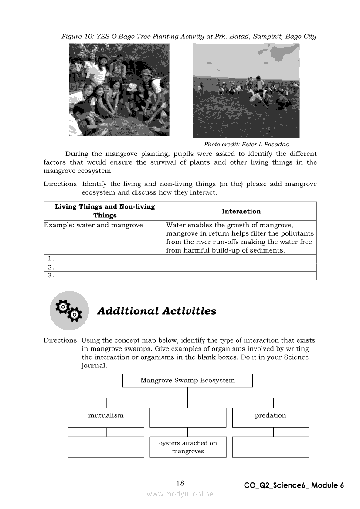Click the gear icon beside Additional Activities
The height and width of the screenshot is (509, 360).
click(69, 310)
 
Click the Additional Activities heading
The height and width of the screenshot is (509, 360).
click(156, 311)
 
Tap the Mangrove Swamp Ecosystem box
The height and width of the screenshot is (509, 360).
click(187, 380)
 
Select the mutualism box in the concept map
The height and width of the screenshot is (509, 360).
click(106, 417)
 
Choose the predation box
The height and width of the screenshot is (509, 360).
click(270, 417)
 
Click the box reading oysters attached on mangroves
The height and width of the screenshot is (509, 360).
click(188, 447)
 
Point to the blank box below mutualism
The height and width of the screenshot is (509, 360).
click(106, 447)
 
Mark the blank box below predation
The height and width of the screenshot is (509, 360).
click(270, 447)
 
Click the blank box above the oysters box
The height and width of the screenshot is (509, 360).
click(188, 417)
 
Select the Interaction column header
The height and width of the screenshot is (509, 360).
click(241, 212)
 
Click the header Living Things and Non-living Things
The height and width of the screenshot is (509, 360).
click(105, 211)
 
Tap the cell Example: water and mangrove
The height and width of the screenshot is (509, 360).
click(94, 226)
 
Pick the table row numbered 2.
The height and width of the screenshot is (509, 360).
click(105, 267)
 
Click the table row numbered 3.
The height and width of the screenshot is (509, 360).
click(105, 276)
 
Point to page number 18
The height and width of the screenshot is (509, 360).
click(180, 483)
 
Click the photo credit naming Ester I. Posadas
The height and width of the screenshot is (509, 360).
click(246, 145)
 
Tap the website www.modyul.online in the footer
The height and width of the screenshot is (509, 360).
click(180, 494)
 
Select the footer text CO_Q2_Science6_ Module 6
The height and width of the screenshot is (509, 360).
click(294, 485)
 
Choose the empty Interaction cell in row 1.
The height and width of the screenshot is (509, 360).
click(241, 259)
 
